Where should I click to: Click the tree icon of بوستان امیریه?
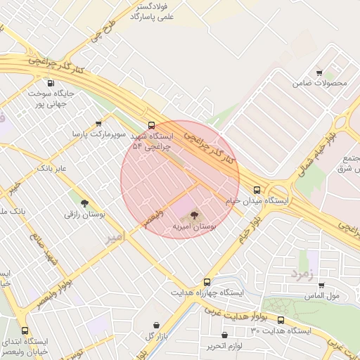point(195,215)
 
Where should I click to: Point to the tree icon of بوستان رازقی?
point(84,204)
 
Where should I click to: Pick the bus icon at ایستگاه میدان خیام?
point(257,189)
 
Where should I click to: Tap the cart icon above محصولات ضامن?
point(320,72)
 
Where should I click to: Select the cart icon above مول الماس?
point(321,285)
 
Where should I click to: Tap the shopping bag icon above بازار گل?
point(155,324)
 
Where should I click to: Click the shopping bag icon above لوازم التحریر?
point(224,335)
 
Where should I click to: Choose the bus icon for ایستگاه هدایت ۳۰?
point(281,320)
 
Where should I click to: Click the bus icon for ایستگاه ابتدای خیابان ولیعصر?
point(25,330)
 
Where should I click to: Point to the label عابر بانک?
point(51,169)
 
